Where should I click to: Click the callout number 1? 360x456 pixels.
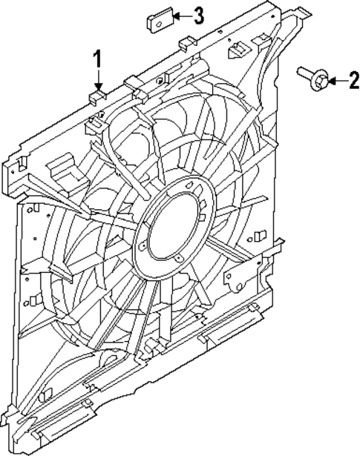point(96,57)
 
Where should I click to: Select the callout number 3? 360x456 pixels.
point(198,16)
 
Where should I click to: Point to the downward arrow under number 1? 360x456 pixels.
point(96,79)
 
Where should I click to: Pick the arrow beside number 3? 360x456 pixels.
point(180,16)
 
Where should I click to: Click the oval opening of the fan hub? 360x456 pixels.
point(175,232)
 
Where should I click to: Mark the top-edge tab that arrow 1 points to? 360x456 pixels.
point(95,96)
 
